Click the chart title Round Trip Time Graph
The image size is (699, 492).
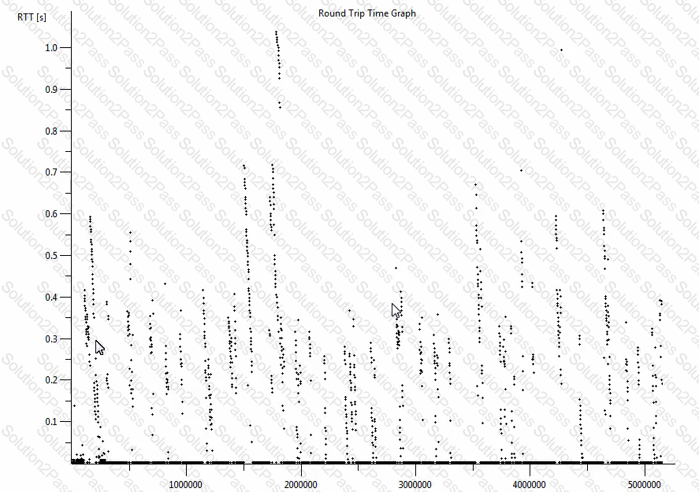(x=366, y=13)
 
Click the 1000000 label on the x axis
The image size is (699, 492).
(x=186, y=483)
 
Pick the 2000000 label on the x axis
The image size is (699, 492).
(x=300, y=483)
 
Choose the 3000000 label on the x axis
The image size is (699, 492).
(x=415, y=483)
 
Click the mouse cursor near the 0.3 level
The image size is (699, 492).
(x=99, y=347)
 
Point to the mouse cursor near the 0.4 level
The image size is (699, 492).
(x=396, y=310)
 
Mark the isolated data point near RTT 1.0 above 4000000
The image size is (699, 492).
(x=561, y=50)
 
